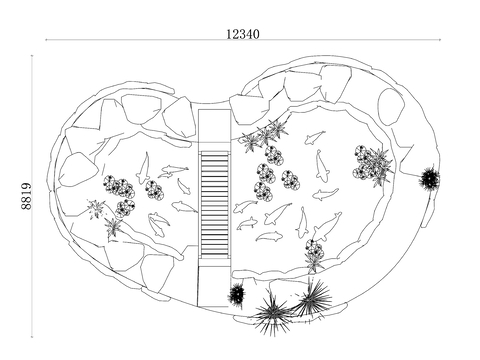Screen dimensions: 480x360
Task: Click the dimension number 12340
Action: pos(243,34)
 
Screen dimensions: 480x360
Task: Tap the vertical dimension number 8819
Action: pos(26,196)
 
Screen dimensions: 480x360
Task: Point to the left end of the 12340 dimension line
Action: pos(46,40)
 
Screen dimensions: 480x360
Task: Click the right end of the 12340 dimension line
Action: pos(440,40)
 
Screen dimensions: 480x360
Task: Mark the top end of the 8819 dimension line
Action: pos(32,55)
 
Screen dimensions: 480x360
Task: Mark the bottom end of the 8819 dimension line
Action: pos(32,337)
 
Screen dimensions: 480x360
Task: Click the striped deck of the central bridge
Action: pos(215,204)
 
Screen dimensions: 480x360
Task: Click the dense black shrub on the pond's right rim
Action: pos(429,179)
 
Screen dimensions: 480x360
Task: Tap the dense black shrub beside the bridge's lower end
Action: pos(236,294)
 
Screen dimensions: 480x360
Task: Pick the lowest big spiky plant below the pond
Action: pos(273,315)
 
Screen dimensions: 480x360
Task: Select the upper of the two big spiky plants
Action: pos(313,298)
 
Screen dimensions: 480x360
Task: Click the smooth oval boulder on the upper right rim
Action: pos(391,106)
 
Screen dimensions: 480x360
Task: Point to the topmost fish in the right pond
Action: pos(314,137)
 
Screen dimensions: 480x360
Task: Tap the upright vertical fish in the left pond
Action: pos(144,168)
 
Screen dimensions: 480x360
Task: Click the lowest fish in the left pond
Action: pos(157,224)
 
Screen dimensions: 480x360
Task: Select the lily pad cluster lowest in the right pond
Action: pos(314,248)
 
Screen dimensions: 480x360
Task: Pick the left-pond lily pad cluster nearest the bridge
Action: pos(155,190)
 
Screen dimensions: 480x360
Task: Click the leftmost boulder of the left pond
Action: pos(78,169)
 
